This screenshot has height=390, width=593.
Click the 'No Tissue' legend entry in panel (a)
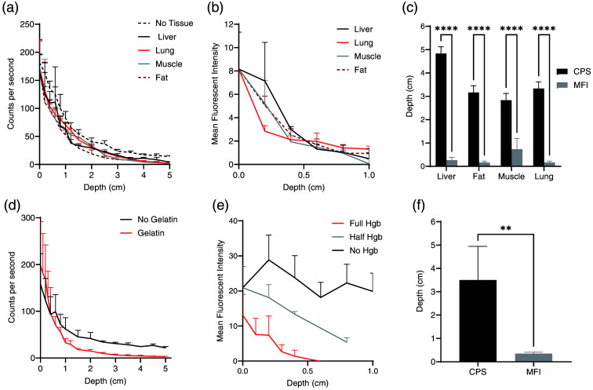pos(166,24)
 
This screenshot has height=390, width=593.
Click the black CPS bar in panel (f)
pos(478,321)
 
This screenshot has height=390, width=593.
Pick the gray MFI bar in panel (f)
pos(533,358)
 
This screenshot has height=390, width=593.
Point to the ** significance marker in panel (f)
pos(506,229)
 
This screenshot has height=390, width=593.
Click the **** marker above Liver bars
pos(446,29)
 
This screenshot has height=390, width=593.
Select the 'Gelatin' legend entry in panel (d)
pos(143,233)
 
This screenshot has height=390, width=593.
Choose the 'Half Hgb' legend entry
pos(358,237)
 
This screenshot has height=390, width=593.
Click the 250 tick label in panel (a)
pos(27,24)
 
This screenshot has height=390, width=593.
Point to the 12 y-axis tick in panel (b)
pos(229,24)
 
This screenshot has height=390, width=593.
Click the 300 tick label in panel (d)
pos(27,218)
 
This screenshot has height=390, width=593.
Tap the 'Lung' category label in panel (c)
pos(544,177)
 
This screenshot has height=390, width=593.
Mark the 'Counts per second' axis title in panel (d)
pos(13,287)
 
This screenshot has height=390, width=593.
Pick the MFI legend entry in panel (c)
pos(572,85)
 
